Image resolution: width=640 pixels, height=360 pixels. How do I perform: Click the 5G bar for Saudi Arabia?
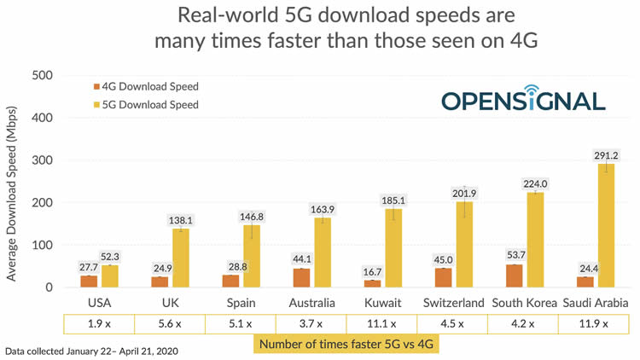click(605, 226)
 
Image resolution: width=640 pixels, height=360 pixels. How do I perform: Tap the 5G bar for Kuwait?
click(393, 248)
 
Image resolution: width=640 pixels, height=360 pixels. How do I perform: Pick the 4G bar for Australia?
click(302, 278)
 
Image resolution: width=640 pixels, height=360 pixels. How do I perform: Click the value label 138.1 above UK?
click(180, 219)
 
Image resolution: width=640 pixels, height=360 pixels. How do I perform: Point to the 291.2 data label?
click(605, 155)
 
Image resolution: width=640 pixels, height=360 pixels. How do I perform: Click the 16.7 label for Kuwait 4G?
click(371, 271)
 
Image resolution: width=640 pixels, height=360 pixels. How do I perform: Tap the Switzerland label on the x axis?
click(453, 303)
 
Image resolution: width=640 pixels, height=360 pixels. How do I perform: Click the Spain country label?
click(241, 303)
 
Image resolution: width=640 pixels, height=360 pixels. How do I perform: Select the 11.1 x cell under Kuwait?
click(381, 324)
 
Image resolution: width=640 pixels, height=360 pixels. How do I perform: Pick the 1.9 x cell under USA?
click(101, 324)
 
